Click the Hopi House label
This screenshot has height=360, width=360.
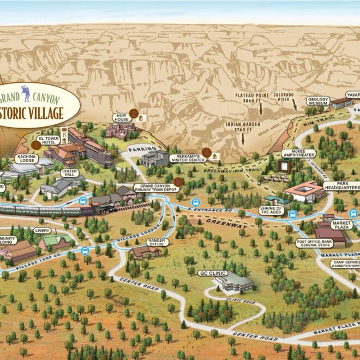(x=121, y=118)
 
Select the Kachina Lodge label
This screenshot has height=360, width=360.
(x=26, y=159)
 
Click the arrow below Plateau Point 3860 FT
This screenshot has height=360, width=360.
(x=260, y=109)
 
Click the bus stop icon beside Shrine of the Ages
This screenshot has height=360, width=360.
(x=293, y=214)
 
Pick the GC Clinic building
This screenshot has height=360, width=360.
(x=235, y=282)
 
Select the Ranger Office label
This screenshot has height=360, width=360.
(x=158, y=241)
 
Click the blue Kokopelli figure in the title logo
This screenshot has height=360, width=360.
(x=25, y=90)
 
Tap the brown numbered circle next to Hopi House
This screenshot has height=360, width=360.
(x=134, y=113)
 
